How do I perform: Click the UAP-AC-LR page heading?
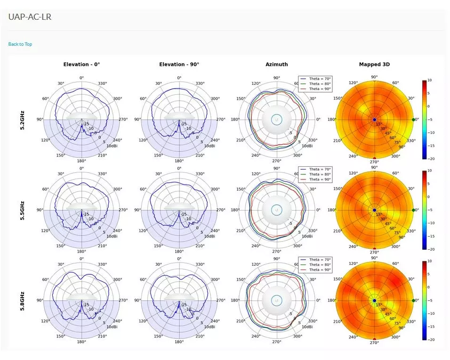tap(30, 17)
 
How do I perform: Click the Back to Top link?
tap(20, 44)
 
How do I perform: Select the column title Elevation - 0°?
tap(81, 65)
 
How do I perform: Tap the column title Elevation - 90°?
tap(179, 65)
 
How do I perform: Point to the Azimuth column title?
tap(276, 65)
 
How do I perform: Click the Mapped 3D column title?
tap(374, 65)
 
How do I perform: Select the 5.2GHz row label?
tap(23, 120)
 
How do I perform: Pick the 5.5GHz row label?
tap(23, 210)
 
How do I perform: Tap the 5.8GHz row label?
tap(23, 301)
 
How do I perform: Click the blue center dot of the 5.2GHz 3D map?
tap(374, 120)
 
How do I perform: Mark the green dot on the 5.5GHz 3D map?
tap(414, 210)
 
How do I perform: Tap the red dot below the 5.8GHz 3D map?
tap(374, 339)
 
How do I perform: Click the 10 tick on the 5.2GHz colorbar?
tap(429, 81)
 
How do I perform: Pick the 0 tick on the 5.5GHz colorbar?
tap(429, 197)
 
